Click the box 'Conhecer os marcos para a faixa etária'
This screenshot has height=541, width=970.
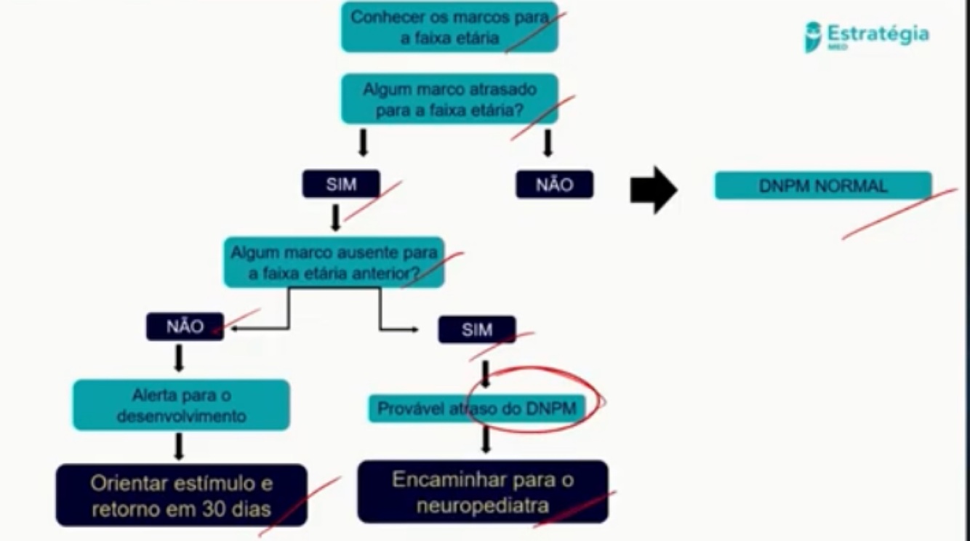pos(449,27)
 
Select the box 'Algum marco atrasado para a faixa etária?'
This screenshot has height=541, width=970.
pos(449,99)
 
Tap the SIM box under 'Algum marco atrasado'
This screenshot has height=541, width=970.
pos(341,184)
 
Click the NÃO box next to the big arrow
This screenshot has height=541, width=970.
pos(554,185)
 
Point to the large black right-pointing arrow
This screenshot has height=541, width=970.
pos(653,190)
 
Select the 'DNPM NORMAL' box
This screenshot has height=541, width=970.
pos(822,185)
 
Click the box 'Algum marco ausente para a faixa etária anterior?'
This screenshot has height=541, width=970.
pos(334,262)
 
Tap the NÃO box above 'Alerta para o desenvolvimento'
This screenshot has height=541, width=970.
pos(185,327)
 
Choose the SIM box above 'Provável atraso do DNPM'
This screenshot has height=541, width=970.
pos(476,329)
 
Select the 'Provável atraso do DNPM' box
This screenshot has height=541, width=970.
pos(476,409)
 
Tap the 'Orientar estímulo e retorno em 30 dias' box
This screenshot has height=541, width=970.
pos(181,495)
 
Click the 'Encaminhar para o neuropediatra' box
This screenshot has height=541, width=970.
pos(482,492)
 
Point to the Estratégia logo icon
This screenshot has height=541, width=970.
pos(812,36)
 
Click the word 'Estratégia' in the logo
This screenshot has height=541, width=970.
pos(878,33)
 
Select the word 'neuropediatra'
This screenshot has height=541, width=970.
pos(482,505)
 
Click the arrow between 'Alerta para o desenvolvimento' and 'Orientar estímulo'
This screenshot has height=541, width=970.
pos(179,446)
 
